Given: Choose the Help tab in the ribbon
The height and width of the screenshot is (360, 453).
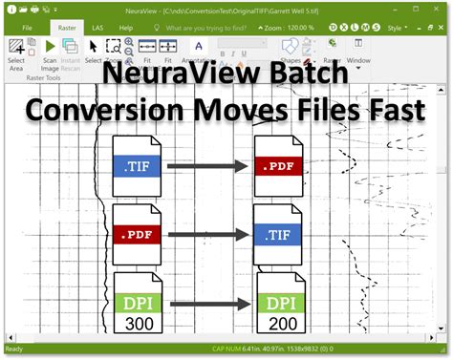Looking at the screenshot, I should tap(140, 29).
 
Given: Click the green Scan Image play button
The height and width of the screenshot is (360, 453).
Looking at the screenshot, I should tap(50, 46).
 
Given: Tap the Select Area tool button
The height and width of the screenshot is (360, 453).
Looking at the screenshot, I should tap(17, 53).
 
